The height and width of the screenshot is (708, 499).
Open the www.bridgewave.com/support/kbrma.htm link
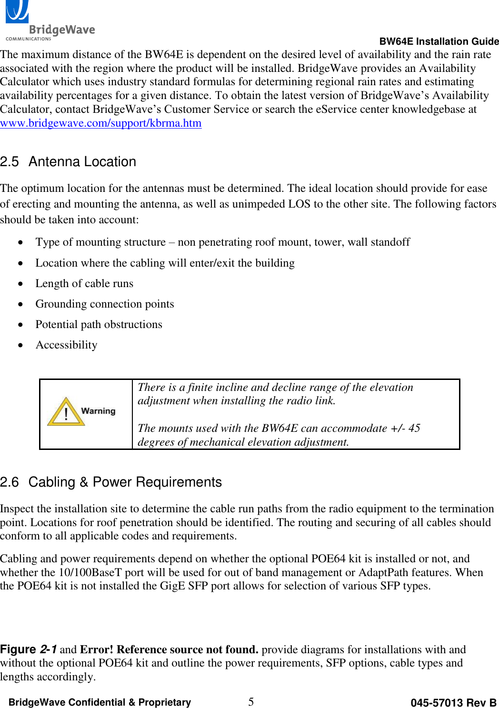(x=101, y=123)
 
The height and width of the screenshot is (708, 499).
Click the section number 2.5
(x=10, y=162)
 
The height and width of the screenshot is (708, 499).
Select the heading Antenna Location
(x=82, y=162)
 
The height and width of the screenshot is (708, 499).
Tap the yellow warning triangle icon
(x=66, y=412)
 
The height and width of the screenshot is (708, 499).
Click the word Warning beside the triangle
(x=98, y=411)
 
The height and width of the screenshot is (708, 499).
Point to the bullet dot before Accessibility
(x=20, y=345)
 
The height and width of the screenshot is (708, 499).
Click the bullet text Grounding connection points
(x=105, y=304)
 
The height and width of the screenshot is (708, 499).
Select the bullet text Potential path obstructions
(x=99, y=325)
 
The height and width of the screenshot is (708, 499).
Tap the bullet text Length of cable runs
(x=84, y=284)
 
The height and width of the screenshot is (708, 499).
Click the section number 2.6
(x=10, y=482)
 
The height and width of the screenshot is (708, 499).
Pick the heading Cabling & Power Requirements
(x=125, y=482)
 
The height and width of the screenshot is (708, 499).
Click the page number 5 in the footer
(x=251, y=702)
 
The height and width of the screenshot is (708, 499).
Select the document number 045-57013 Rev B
(x=453, y=703)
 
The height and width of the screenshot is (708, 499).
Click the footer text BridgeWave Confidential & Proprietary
(x=100, y=702)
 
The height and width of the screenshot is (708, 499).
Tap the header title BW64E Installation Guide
(x=439, y=41)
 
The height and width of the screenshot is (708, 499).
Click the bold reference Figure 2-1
(x=29, y=649)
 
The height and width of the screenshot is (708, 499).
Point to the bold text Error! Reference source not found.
(x=169, y=650)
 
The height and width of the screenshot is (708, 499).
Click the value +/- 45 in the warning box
(x=405, y=429)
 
